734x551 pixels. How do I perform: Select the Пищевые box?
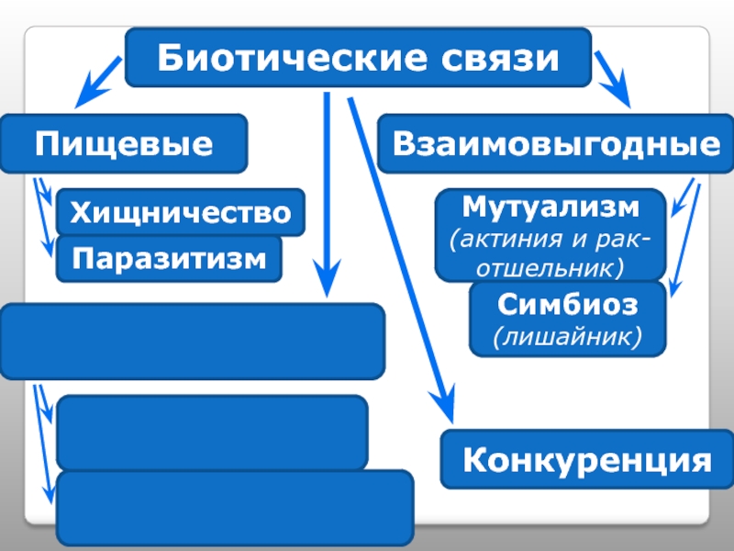pyautogui.click(x=124, y=144)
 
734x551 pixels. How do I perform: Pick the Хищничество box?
pyautogui.click(x=181, y=213)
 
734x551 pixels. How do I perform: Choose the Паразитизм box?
pyautogui.click(x=170, y=258)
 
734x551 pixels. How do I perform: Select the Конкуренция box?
pyautogui.click(x=588, y=457)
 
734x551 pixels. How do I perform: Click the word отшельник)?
pyautogui.click(x=550, y=267)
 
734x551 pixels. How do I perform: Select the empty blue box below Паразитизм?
pyautogui.click(x=193, y=342)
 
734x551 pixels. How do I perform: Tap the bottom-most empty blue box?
pyautogui.click(x=235, y=508)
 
